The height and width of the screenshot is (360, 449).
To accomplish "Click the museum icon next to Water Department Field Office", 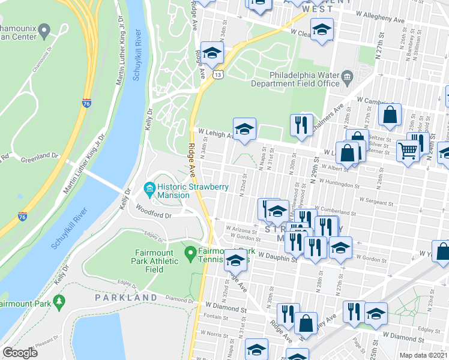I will tap(347, 76).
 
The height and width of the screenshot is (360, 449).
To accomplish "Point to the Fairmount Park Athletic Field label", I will tap(155, 261).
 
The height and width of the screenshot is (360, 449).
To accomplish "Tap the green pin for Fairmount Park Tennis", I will tap(190, 253).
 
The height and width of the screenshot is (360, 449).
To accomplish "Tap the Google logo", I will tap(20, 353).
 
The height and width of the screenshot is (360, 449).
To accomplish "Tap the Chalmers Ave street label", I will tap(330, 114).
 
